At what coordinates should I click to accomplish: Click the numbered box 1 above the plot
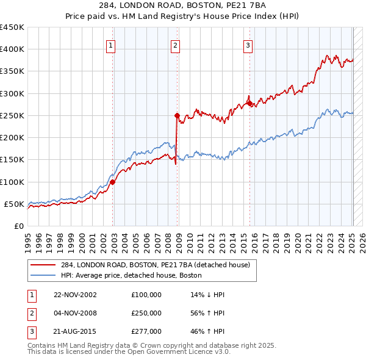click(110, 45)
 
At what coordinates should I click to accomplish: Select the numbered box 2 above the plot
click(175, 45)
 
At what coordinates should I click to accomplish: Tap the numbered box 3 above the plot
click(248, 45)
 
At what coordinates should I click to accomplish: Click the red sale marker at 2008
click(177, 115)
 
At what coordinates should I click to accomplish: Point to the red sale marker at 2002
click(113, 182)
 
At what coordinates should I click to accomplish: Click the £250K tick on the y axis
click(13, 115)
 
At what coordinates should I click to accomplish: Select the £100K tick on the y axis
click(13, 182)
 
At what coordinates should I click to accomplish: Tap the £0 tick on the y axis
click(19, 226)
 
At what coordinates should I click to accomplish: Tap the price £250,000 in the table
click(146, 313)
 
